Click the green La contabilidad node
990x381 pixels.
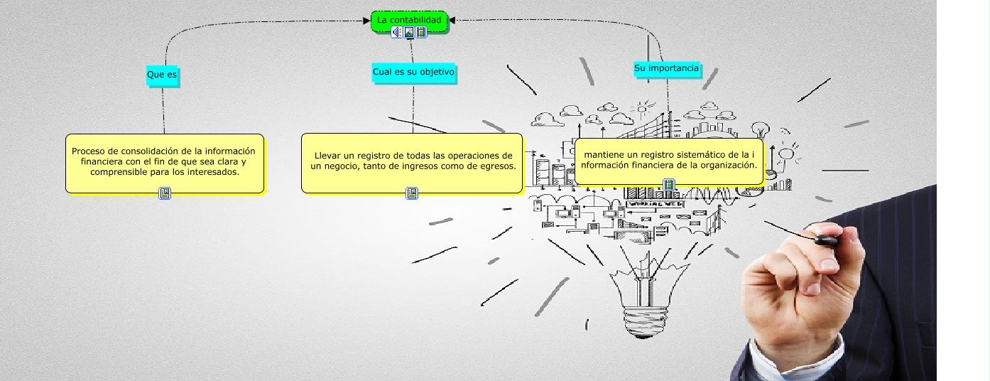click(409, 21)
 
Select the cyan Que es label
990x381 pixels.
click(162, 75)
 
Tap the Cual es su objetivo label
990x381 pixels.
click(413, 73)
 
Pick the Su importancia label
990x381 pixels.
click(666, 68)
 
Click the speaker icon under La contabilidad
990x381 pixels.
click(397, 32)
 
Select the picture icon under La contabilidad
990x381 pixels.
click(409, 32)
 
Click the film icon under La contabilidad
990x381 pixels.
click(421, 32)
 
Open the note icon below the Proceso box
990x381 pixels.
click(165, 193)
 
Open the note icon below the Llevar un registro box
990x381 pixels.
click(412, 193)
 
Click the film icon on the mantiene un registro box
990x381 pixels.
click(669, 185)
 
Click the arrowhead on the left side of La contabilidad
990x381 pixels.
click(366, 21)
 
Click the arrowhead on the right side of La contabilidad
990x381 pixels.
click(452, 20)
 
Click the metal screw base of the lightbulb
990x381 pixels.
click(643, 322)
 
